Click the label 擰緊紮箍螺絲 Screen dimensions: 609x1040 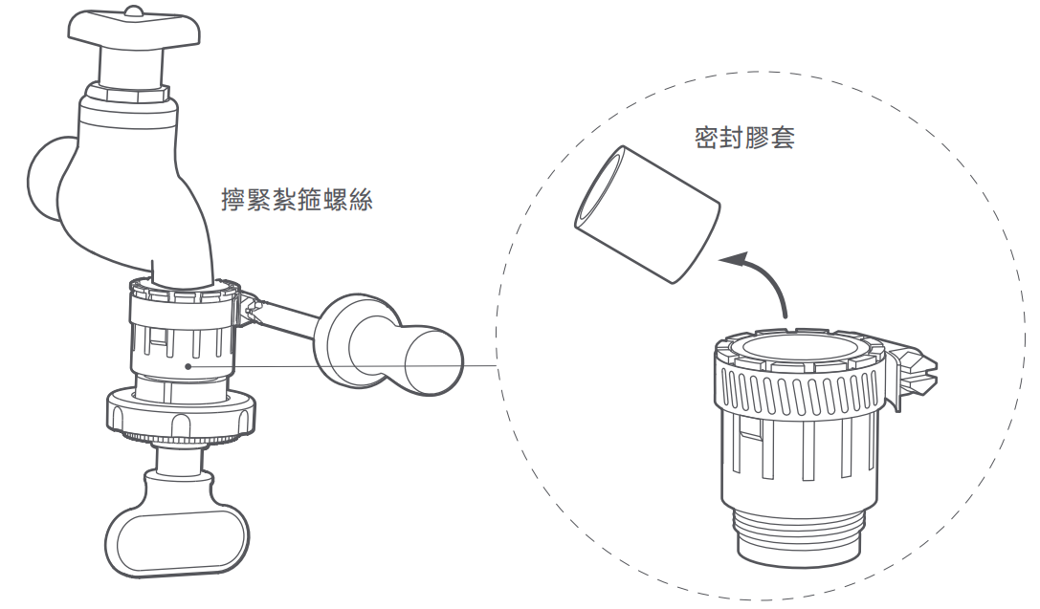tap(296, 201)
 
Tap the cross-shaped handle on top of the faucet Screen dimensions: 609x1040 tap(134, 33)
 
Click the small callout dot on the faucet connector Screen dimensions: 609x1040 tap(190, 364)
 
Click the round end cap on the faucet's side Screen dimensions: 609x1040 tap(44, 178)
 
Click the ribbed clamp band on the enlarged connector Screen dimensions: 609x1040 tap(796, 393)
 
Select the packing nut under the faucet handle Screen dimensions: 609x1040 tap(127, 96)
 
